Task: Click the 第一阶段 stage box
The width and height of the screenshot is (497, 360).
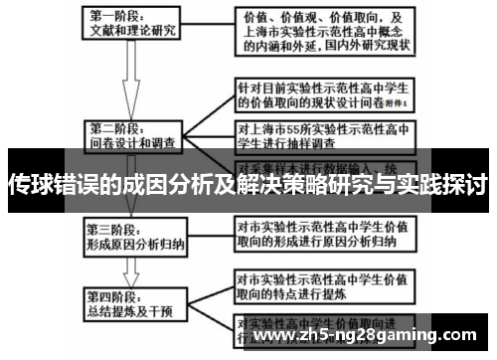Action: (133, 24)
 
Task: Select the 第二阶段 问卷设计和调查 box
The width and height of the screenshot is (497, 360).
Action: (133, 135)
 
